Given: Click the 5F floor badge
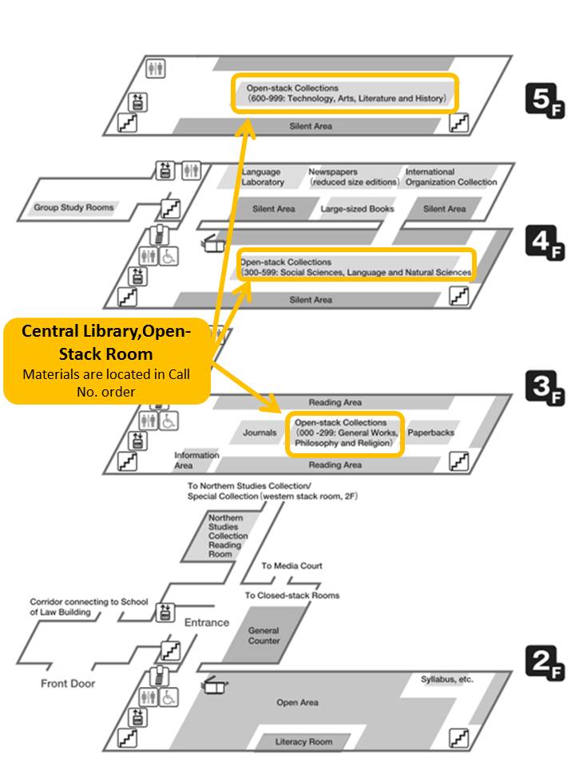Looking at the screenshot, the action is click(545, 101).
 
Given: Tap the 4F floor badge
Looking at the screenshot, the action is click(545, 243).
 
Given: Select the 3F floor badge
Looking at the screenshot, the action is click(545, 388).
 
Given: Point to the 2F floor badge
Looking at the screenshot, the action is click(545, 662).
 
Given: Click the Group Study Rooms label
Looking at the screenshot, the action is click(73, 207).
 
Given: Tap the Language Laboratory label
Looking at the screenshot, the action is click(263, 177).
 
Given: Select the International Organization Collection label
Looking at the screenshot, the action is click(450, 177).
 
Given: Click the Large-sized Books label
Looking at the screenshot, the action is click(357, 209).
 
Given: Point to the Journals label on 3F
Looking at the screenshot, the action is click(260, 432).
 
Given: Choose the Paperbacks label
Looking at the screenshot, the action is click(430, 432).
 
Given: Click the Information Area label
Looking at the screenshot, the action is click(196, 460).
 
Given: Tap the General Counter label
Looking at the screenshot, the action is click(264, 636).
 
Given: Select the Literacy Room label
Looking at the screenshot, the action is click(303, 741).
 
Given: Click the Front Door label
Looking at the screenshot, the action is click(68, 684).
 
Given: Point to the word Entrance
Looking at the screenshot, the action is click(207, 622).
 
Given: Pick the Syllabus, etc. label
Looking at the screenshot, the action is click(447, 680).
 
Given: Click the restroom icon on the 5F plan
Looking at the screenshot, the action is click(156, 68).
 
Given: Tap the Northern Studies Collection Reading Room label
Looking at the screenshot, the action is click(228, 536).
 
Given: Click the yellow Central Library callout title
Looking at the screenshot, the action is click(106, 342).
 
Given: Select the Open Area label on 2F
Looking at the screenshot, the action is click(297, 702).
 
